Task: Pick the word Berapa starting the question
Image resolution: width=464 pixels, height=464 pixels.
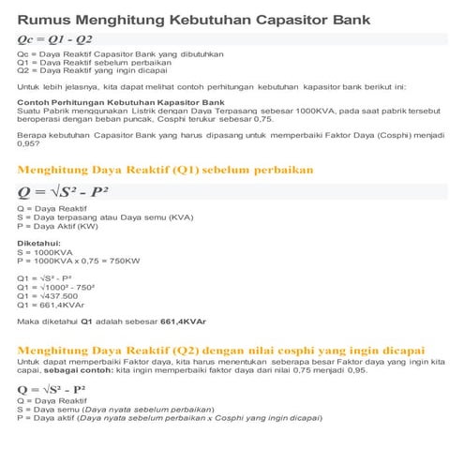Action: pyautogui.click(x=34, y=132)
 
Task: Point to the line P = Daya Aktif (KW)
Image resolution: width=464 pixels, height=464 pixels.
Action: pyautogui.click(x=67, y=225)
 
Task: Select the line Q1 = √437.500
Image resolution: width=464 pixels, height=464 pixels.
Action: pyautogui.click(x=50, y=296)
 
